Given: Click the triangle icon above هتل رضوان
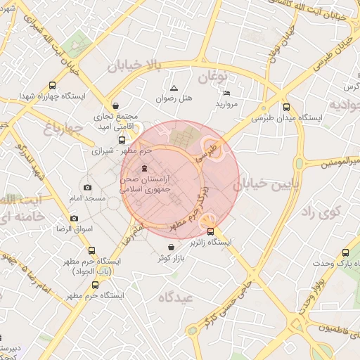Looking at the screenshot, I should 174,87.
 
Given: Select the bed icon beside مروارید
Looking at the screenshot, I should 226,93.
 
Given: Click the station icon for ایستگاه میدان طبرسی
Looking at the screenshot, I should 285,108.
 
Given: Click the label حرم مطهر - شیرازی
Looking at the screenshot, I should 122,150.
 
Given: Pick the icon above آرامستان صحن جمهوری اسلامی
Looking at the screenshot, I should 145,168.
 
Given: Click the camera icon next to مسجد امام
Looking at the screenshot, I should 87,188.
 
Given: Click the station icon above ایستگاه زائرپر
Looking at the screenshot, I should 210,231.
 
